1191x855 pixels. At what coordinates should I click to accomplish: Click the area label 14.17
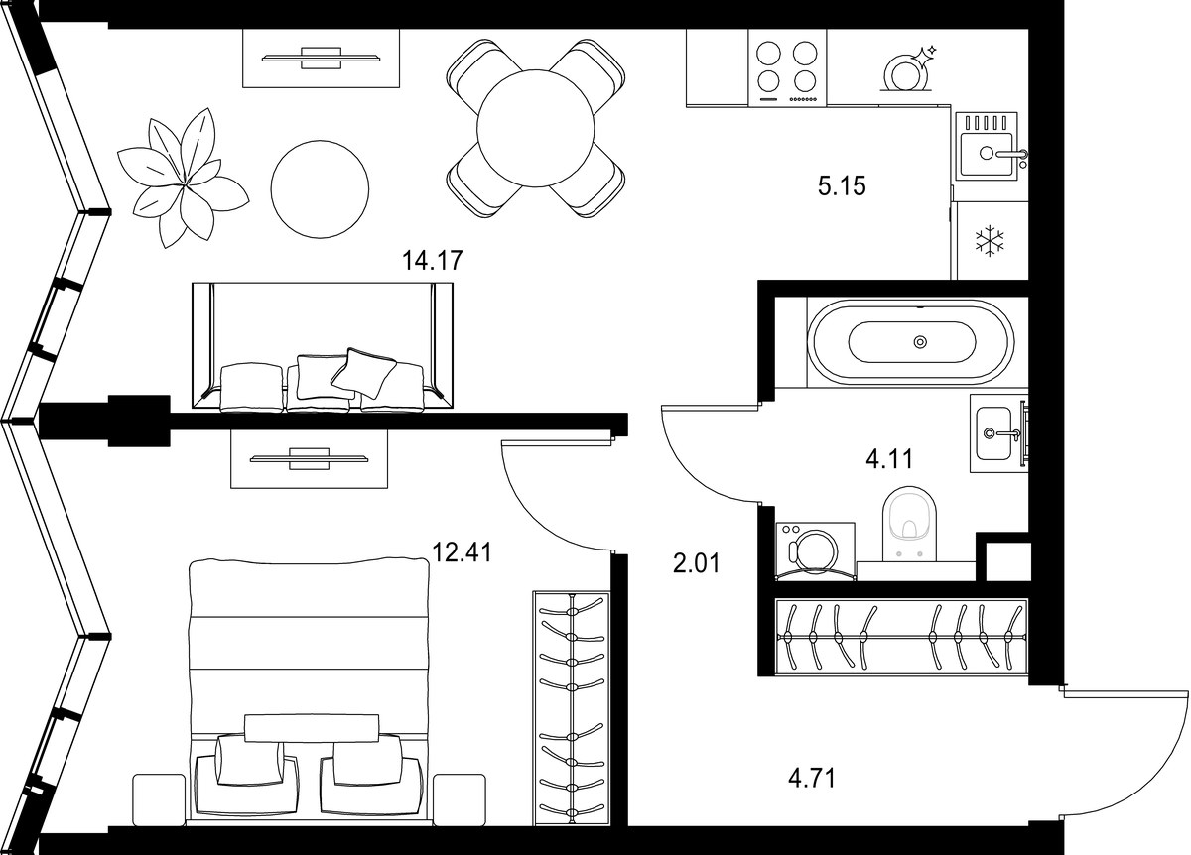coord(433,261)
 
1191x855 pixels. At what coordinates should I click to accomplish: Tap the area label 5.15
coord(842,186)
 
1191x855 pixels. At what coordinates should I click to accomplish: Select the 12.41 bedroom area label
coord(463,552)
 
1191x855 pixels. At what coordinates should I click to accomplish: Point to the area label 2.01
coord(697,563)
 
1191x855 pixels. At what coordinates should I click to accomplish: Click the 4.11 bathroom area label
coord(889,459)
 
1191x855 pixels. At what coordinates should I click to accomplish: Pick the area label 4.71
coord(812,779)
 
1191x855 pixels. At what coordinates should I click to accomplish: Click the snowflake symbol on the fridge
coord(990,241)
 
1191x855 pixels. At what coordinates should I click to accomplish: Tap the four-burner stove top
coord(787,67)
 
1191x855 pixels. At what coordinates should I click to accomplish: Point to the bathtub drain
coord(920,341)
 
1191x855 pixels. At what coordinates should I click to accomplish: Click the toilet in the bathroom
coord(909,524)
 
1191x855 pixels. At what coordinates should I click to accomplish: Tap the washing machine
coord(815,551)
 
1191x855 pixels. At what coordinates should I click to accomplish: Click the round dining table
coord(535,129)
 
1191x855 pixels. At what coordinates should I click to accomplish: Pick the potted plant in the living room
coord(183,178)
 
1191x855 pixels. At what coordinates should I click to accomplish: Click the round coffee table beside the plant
coord(320,189)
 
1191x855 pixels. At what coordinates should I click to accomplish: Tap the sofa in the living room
coord(323,347)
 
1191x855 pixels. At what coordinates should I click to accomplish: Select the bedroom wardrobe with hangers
coord(571,716)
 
